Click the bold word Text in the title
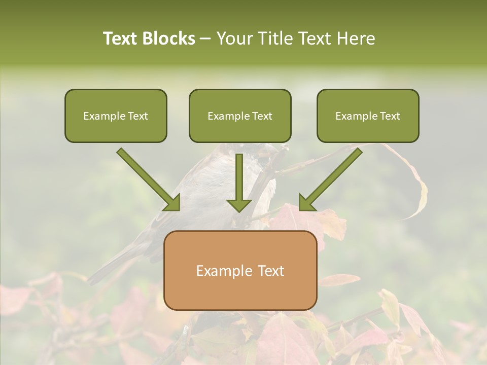(x=121, y=39)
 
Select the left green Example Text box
(x=116, y=116)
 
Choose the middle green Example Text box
(x=240, y=116)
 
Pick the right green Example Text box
(x=368, y=116)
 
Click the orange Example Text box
(x=240, y=270)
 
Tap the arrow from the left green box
(x=150, y=180)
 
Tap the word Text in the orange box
(x=271, y=271)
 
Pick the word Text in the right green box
(x=390, y=116)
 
